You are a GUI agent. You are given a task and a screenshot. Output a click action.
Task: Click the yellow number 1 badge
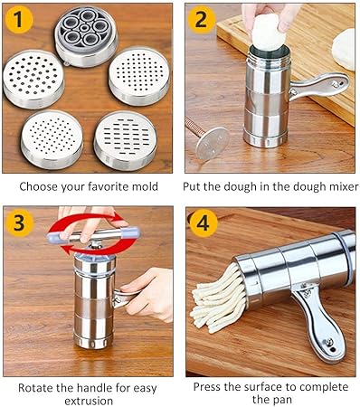tap(19, 19)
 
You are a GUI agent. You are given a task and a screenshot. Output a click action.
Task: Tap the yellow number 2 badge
tap(201, 19)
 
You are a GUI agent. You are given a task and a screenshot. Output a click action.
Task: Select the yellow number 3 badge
tap(19, 222)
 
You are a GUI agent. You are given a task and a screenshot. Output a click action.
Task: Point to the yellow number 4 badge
tap(203, 223)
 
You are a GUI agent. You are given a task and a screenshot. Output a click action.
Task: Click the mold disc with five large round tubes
tap(86, 35)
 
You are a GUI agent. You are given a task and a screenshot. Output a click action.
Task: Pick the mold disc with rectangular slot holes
tap(126, 140)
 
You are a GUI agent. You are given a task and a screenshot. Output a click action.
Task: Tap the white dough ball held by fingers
tap(269, 33)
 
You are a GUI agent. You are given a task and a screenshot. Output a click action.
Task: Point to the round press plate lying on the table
tap(212, 143)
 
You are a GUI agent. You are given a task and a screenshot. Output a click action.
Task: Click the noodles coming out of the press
tap(218, 298)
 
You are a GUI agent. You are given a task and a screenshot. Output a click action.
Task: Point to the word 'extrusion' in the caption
tap(89, 402)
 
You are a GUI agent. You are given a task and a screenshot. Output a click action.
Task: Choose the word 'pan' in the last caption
tap(282, 401)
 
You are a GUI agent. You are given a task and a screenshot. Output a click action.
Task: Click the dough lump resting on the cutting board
tap(344, 49)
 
